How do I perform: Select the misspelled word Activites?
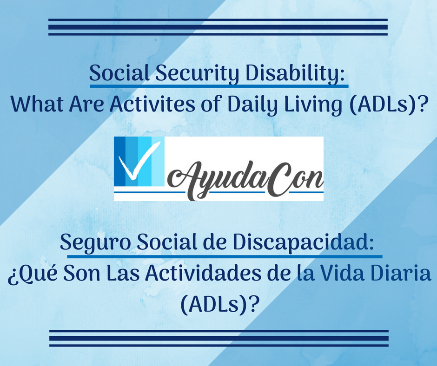152,105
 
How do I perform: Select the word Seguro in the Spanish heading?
95,243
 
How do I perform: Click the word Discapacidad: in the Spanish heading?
303,242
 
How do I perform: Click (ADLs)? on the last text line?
218,304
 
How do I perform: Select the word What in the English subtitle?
37,105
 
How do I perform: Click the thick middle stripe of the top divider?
218,27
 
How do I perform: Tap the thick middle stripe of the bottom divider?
219,338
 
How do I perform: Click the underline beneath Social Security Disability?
219,86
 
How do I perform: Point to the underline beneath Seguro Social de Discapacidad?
225,256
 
